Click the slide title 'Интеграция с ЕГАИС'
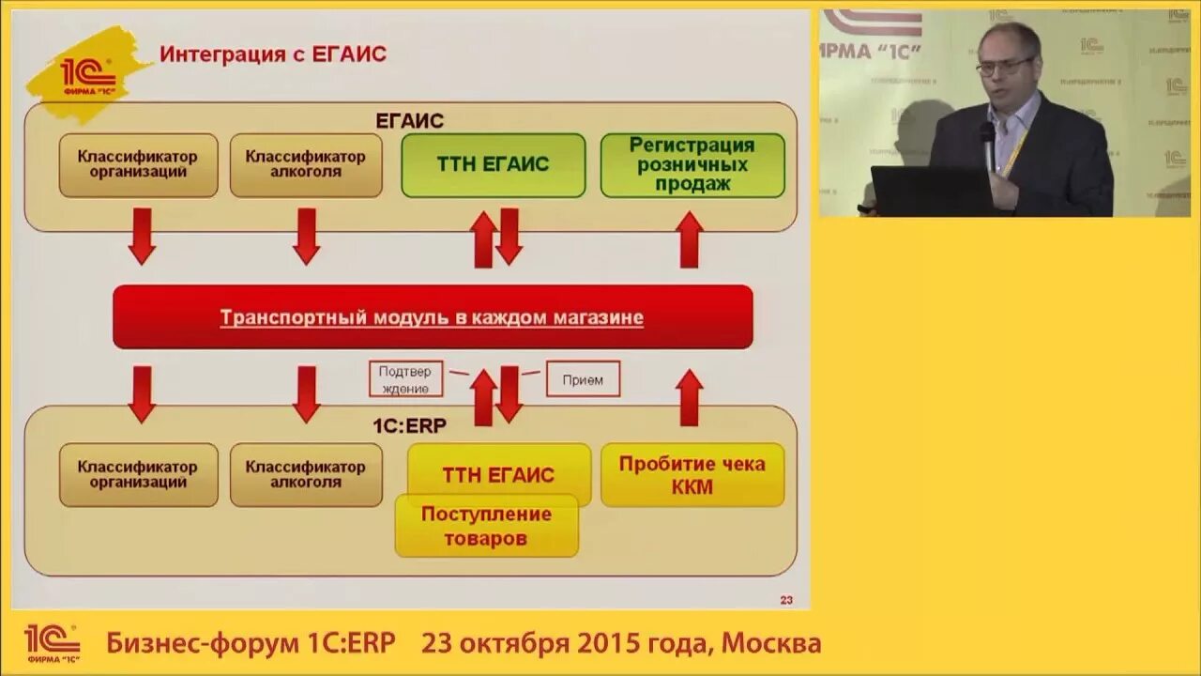pyautogui.click(x=272, y=54)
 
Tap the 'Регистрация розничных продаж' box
pyautogui.click(x=692, y=164)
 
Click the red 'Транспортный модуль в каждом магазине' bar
pyautogui.click(x=433, y=317)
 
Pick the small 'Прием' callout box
pyautogui.click(x=583, y=378)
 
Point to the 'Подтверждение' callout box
pyautogui.click(x=404, y=378)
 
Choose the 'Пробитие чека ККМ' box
pyautogui.click(x=692, y=474)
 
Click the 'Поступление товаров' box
pyautogui.click(x=486, y=526)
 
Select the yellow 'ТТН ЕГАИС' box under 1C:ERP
pyautogui.click(x=498, y=474)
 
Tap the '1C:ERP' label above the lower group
pyautogui.click(x=409, y=424)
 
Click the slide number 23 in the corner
pyautogui.click(x=786, y=600)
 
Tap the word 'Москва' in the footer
pyautogui.click(x=775, y=643)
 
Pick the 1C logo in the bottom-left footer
pyautogui.click(x=52, y=643)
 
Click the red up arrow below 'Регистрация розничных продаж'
pyautogui.click(x=690, y=239)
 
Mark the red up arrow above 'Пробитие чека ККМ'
pyautogui.click(x=690, y=397)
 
